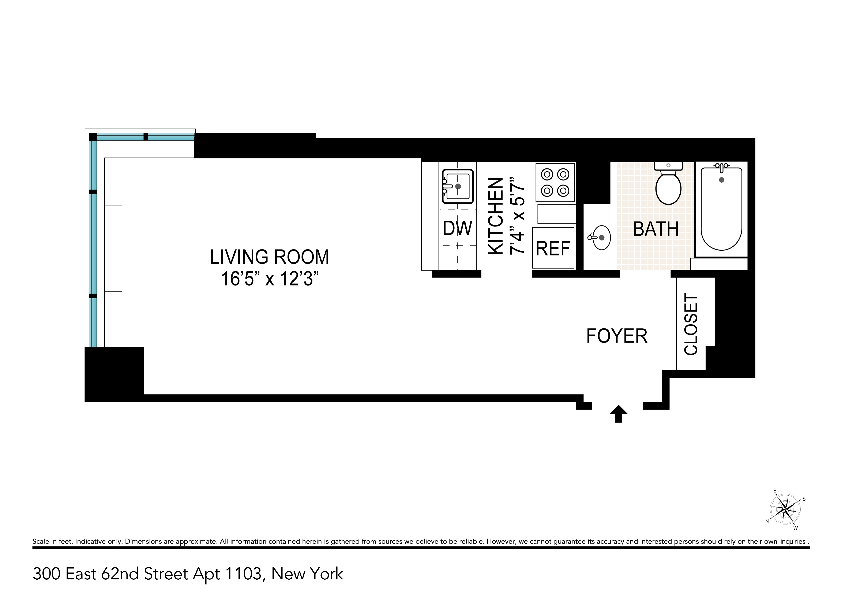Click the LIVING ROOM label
pos(269,257)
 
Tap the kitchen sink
pos(458,186)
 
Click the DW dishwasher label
pos(458,228)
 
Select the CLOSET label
pos(691,324)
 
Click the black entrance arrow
pos(619,414)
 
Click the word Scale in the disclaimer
pos(41,542)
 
